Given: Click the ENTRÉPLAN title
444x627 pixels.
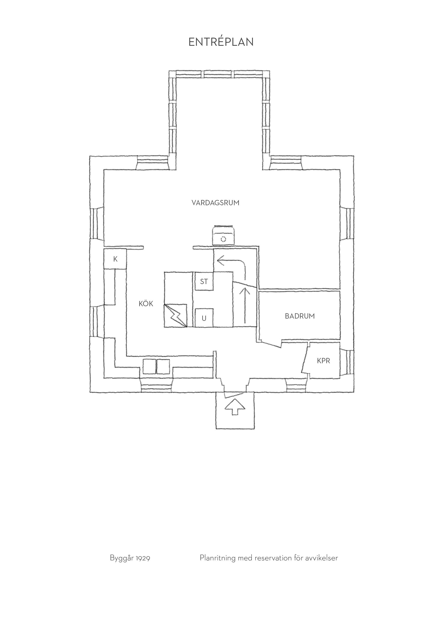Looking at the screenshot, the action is coord(221,42).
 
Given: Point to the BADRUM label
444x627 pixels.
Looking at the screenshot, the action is coord(300,316).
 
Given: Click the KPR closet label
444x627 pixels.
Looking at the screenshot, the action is coord(324,361).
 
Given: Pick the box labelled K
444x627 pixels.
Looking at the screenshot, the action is coord(115,259).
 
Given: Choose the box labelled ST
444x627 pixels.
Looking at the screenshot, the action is coord(204,282).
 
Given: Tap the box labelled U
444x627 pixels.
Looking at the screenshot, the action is coord(204,318).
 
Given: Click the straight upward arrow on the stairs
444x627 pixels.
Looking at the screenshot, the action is coord(245,306).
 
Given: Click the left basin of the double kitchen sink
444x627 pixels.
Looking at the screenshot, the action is coord(149,367).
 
